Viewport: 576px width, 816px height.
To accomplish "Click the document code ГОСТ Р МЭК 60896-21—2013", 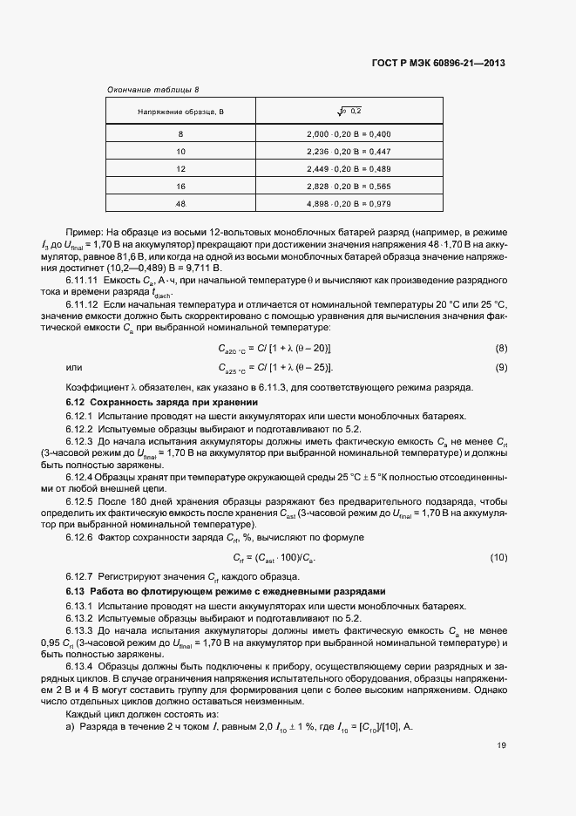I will pos(439,63).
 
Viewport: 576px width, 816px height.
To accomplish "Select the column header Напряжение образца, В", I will pos(180,111).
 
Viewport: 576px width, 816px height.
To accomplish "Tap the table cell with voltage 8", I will pos(180,133).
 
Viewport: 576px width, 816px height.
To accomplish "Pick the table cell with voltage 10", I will pos(180,151).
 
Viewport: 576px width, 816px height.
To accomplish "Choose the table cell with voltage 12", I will pos(180,168).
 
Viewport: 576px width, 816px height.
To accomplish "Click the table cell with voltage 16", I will pos(180,186).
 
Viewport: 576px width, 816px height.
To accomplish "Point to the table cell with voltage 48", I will pos(180,203).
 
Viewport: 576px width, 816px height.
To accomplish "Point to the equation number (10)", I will pos(498,557).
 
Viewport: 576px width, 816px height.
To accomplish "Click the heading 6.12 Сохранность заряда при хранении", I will pos(162,402).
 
